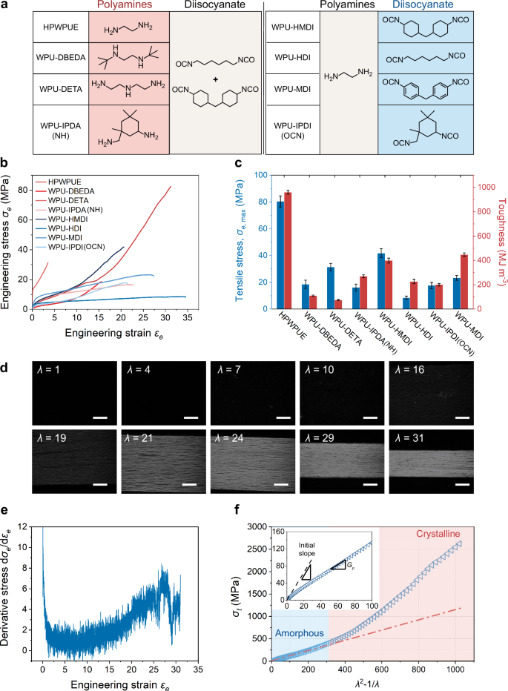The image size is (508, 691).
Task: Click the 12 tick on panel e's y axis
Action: click(30, 527)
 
